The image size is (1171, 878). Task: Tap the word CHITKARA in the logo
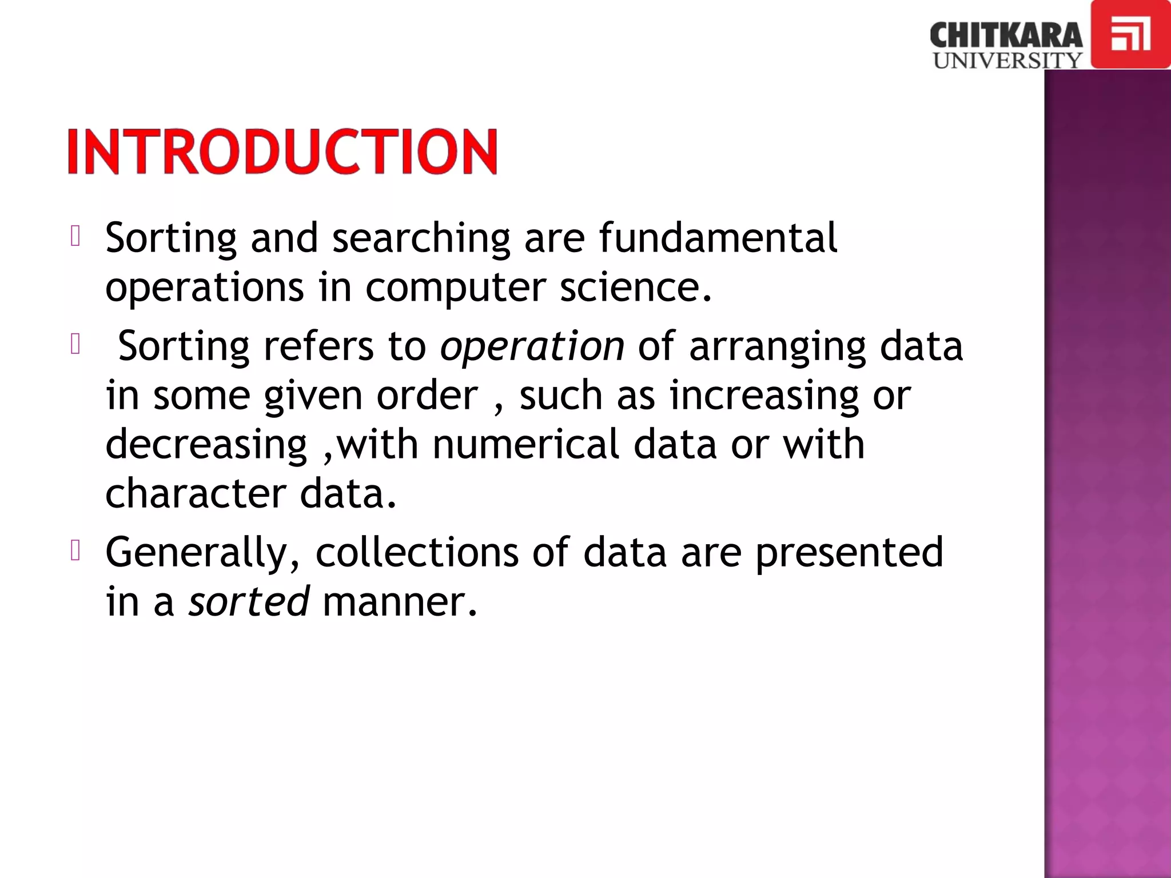1006,35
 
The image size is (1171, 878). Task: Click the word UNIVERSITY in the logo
1007,60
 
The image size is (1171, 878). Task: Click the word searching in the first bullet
421,239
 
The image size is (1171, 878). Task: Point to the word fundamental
718,238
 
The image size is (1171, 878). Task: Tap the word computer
455,288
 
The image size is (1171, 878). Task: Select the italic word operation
532,346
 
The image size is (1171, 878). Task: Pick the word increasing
764,396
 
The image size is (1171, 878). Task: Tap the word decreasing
206,445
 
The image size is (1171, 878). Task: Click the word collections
417,552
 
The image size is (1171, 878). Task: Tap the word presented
849,553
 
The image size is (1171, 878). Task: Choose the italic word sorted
249,601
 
